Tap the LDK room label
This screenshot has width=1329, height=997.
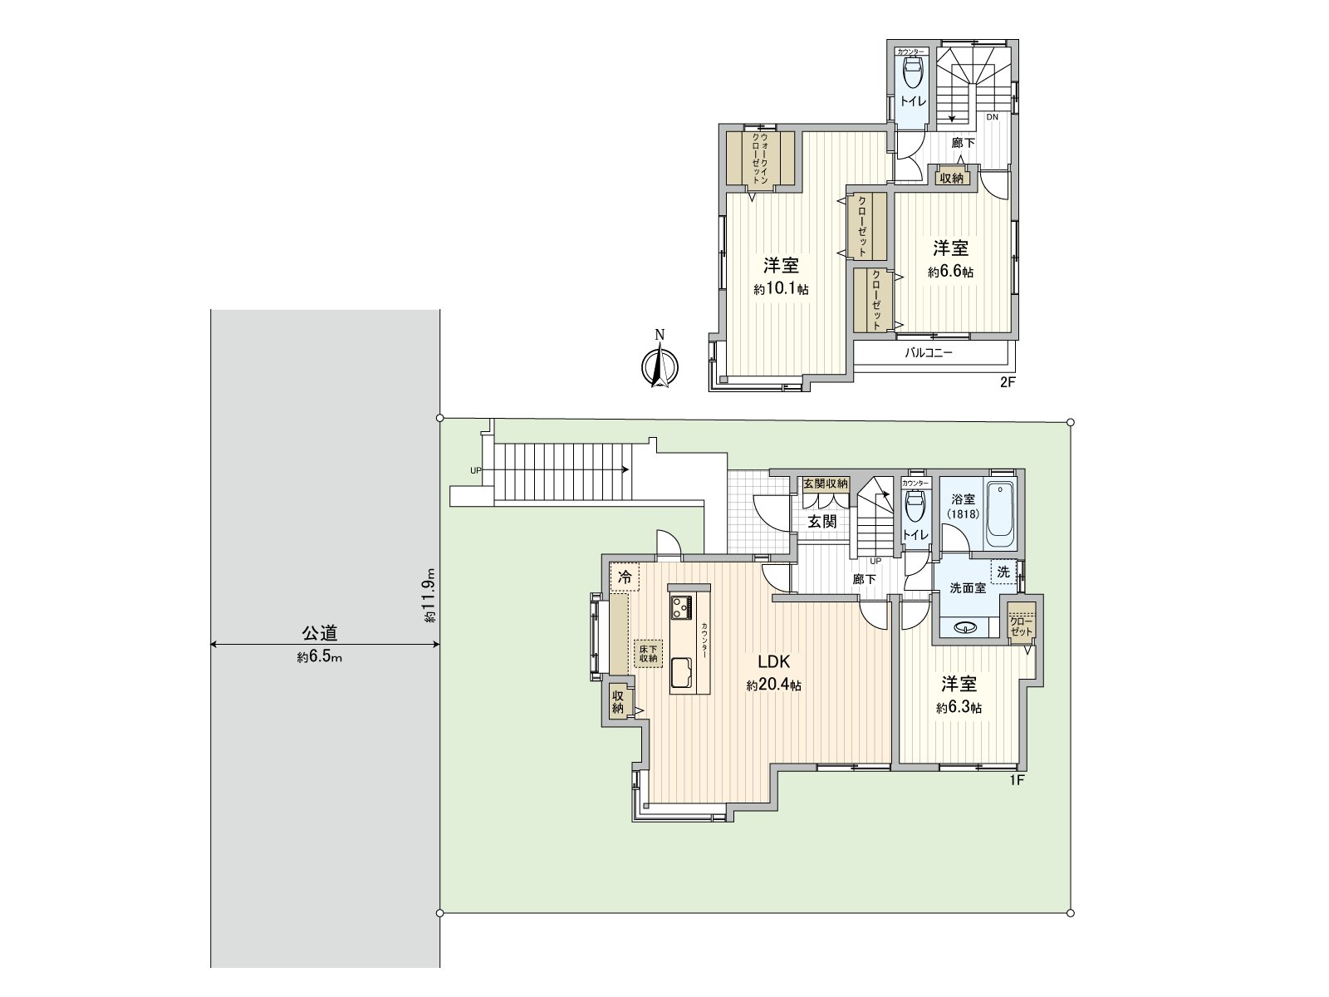tap(772, 662)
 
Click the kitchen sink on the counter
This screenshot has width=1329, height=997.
tap(683, 671)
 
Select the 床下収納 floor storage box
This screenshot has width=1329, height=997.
tap(647, 653)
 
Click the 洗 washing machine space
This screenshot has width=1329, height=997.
tap(1003, 572)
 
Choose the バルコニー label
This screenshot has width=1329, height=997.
tap(928, 352)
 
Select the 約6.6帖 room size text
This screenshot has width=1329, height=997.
tap(950, 272)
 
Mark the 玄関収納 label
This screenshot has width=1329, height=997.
tap(825, 484)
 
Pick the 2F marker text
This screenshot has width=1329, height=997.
tap(1008, 383)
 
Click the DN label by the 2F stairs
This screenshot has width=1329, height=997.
tap(992, 117)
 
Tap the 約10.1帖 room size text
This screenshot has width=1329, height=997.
tap(781, 289)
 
